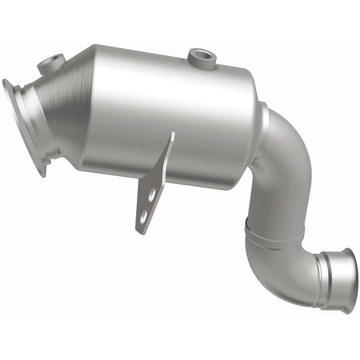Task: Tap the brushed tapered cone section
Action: point(72,103)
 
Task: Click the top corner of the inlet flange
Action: point(6,81)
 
